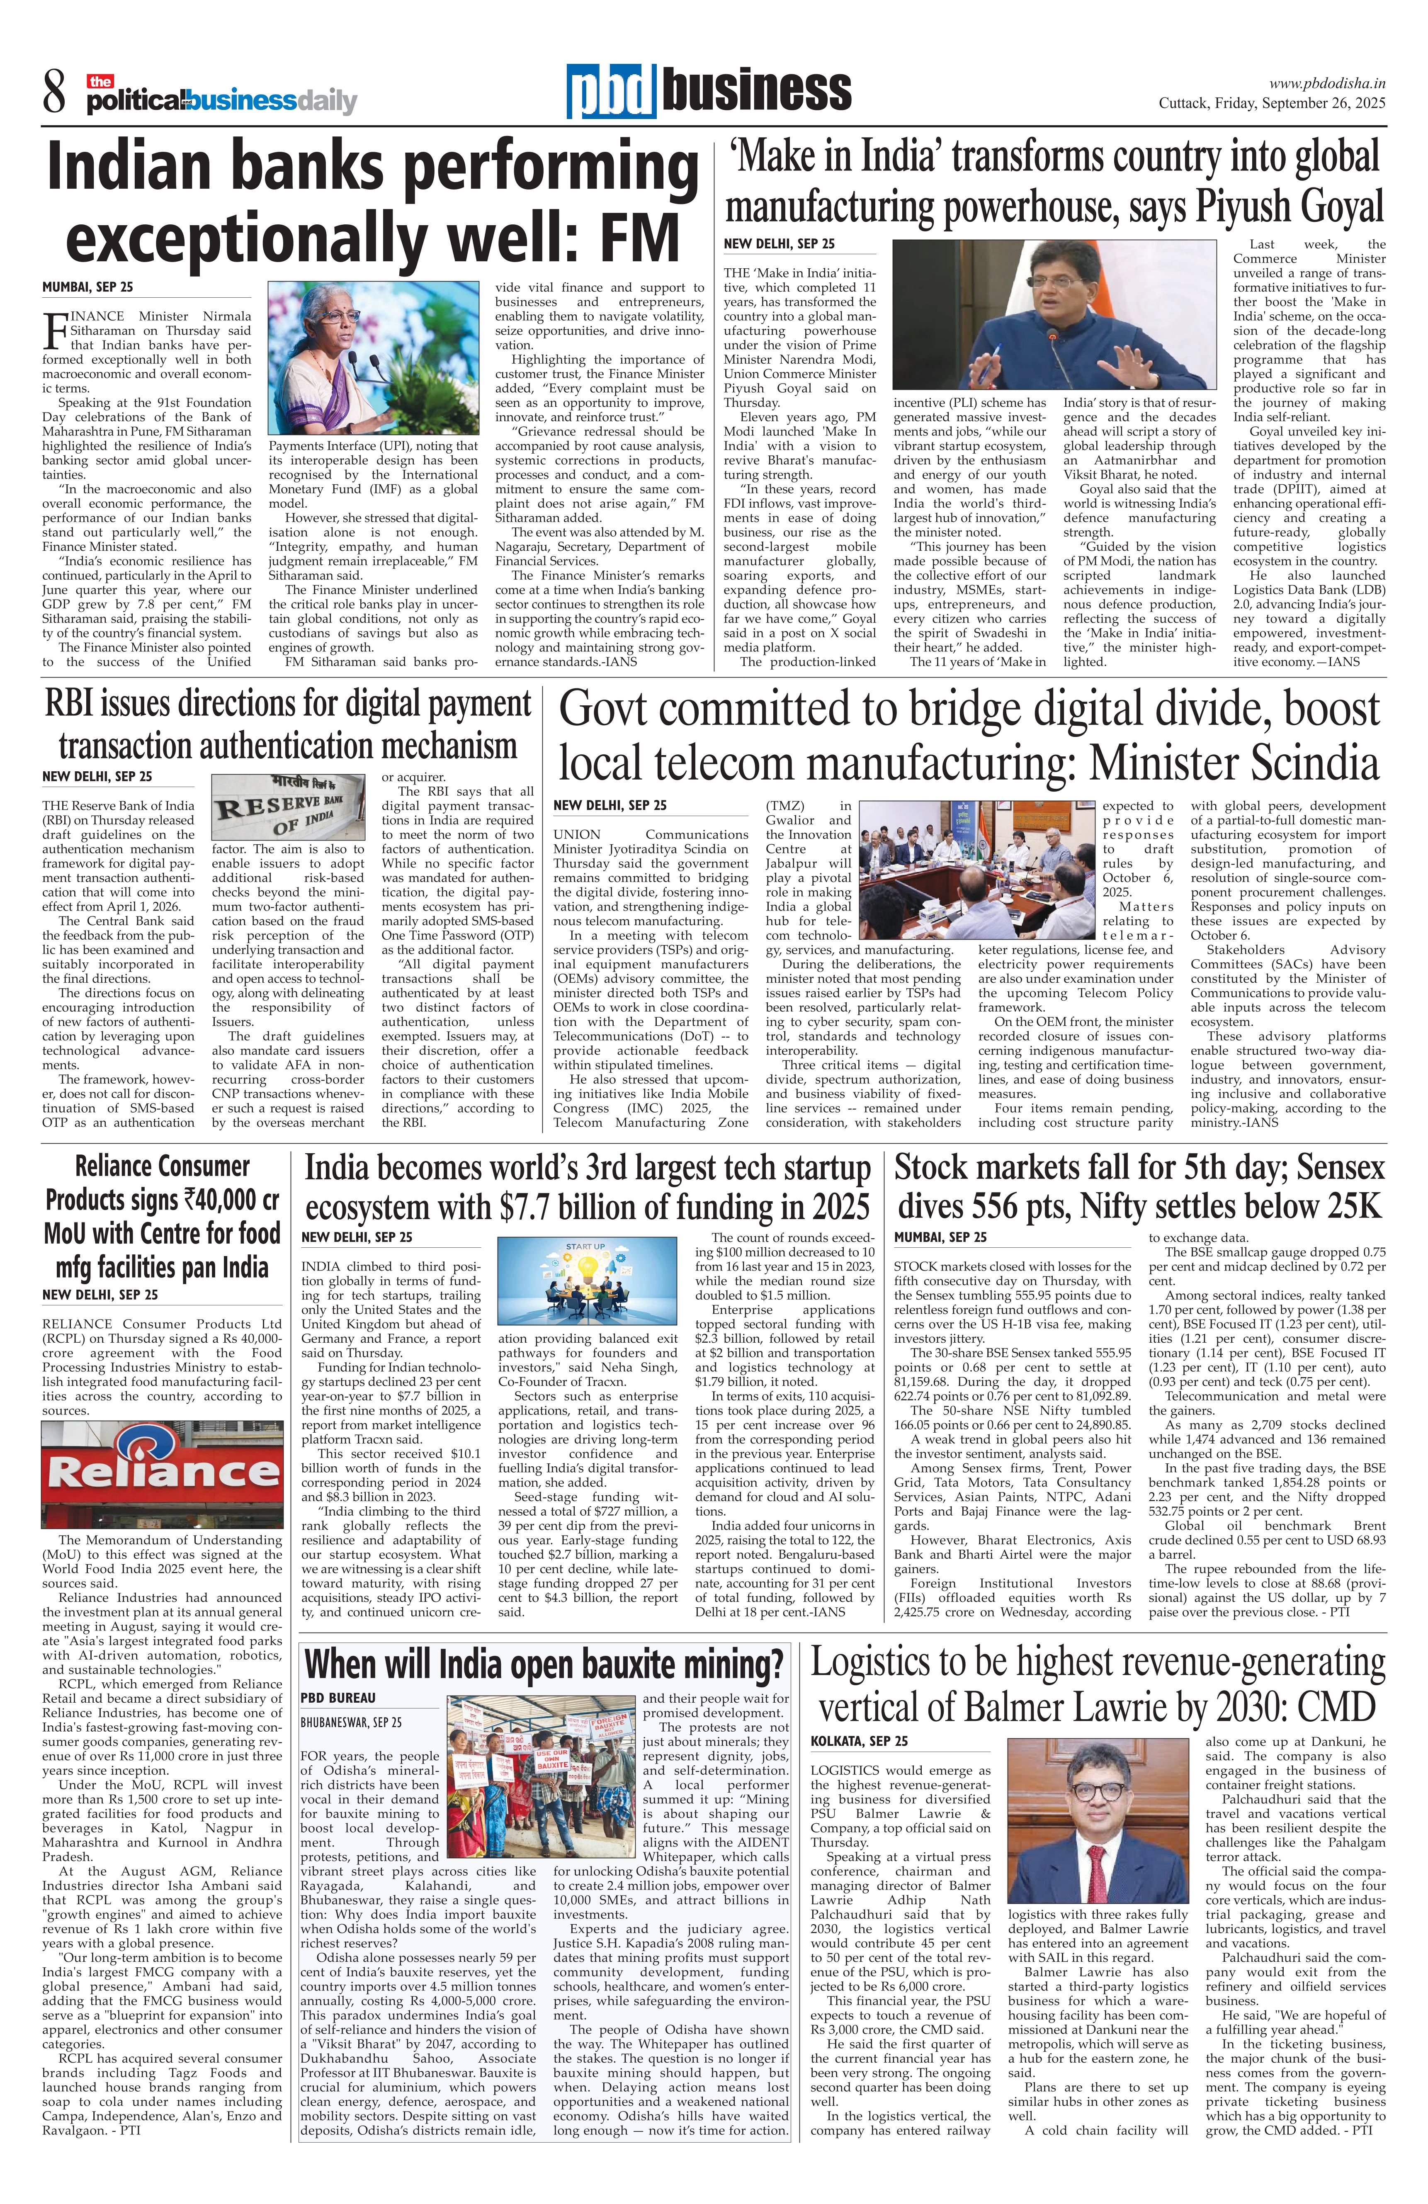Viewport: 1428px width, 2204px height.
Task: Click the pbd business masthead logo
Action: [709, 91]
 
